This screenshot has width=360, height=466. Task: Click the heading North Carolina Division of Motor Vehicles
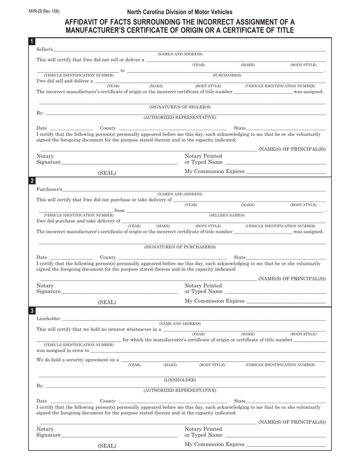click(x=180, y=12)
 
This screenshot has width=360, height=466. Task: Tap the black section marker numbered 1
click(x=32, y=41)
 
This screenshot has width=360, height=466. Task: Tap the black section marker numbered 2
click(x=32, y=181)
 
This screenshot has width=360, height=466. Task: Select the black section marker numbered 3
click(x=32, y=311)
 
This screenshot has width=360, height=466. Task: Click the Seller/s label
click(x=45, y=49)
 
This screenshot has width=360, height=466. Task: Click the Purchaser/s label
click(x=49, y=189)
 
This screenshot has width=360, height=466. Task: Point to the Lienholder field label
click(x=48, y=319)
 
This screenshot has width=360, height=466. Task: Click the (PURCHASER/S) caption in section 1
click(x=227, y=75)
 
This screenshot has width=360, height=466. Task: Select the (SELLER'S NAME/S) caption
click(x=227, y=215)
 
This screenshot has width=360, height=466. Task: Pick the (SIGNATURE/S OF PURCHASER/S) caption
click(x=180, y=247)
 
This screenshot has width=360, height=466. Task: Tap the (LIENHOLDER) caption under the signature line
click(x=180, y=380)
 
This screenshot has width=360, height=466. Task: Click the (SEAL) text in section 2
click(x=107, y=302)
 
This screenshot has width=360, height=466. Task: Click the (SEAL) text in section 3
click(x=107, y=446)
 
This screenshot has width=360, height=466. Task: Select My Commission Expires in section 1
click(x=214, y=171)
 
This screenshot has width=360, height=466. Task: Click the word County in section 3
click(x=108, y=401)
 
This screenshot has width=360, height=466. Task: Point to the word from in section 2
click(x=120, y=210)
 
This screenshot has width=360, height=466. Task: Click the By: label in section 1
click(x=40, y=113)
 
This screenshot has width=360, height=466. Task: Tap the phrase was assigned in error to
click(x=63, y=350)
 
